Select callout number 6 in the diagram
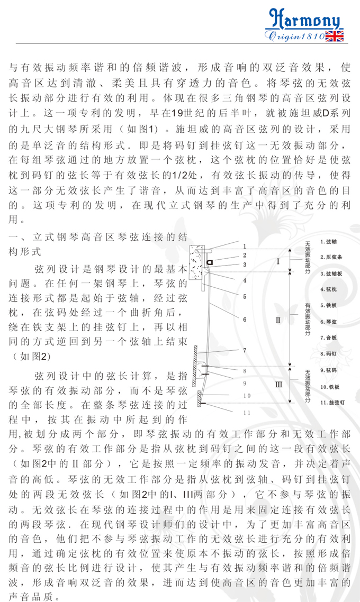245,320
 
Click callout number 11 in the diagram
246,413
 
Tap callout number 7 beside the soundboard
245,350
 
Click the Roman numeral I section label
278,261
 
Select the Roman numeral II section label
278,321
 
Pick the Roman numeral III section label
278,385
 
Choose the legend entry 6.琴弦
329,321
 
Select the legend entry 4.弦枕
328,289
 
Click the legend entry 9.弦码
329,370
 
